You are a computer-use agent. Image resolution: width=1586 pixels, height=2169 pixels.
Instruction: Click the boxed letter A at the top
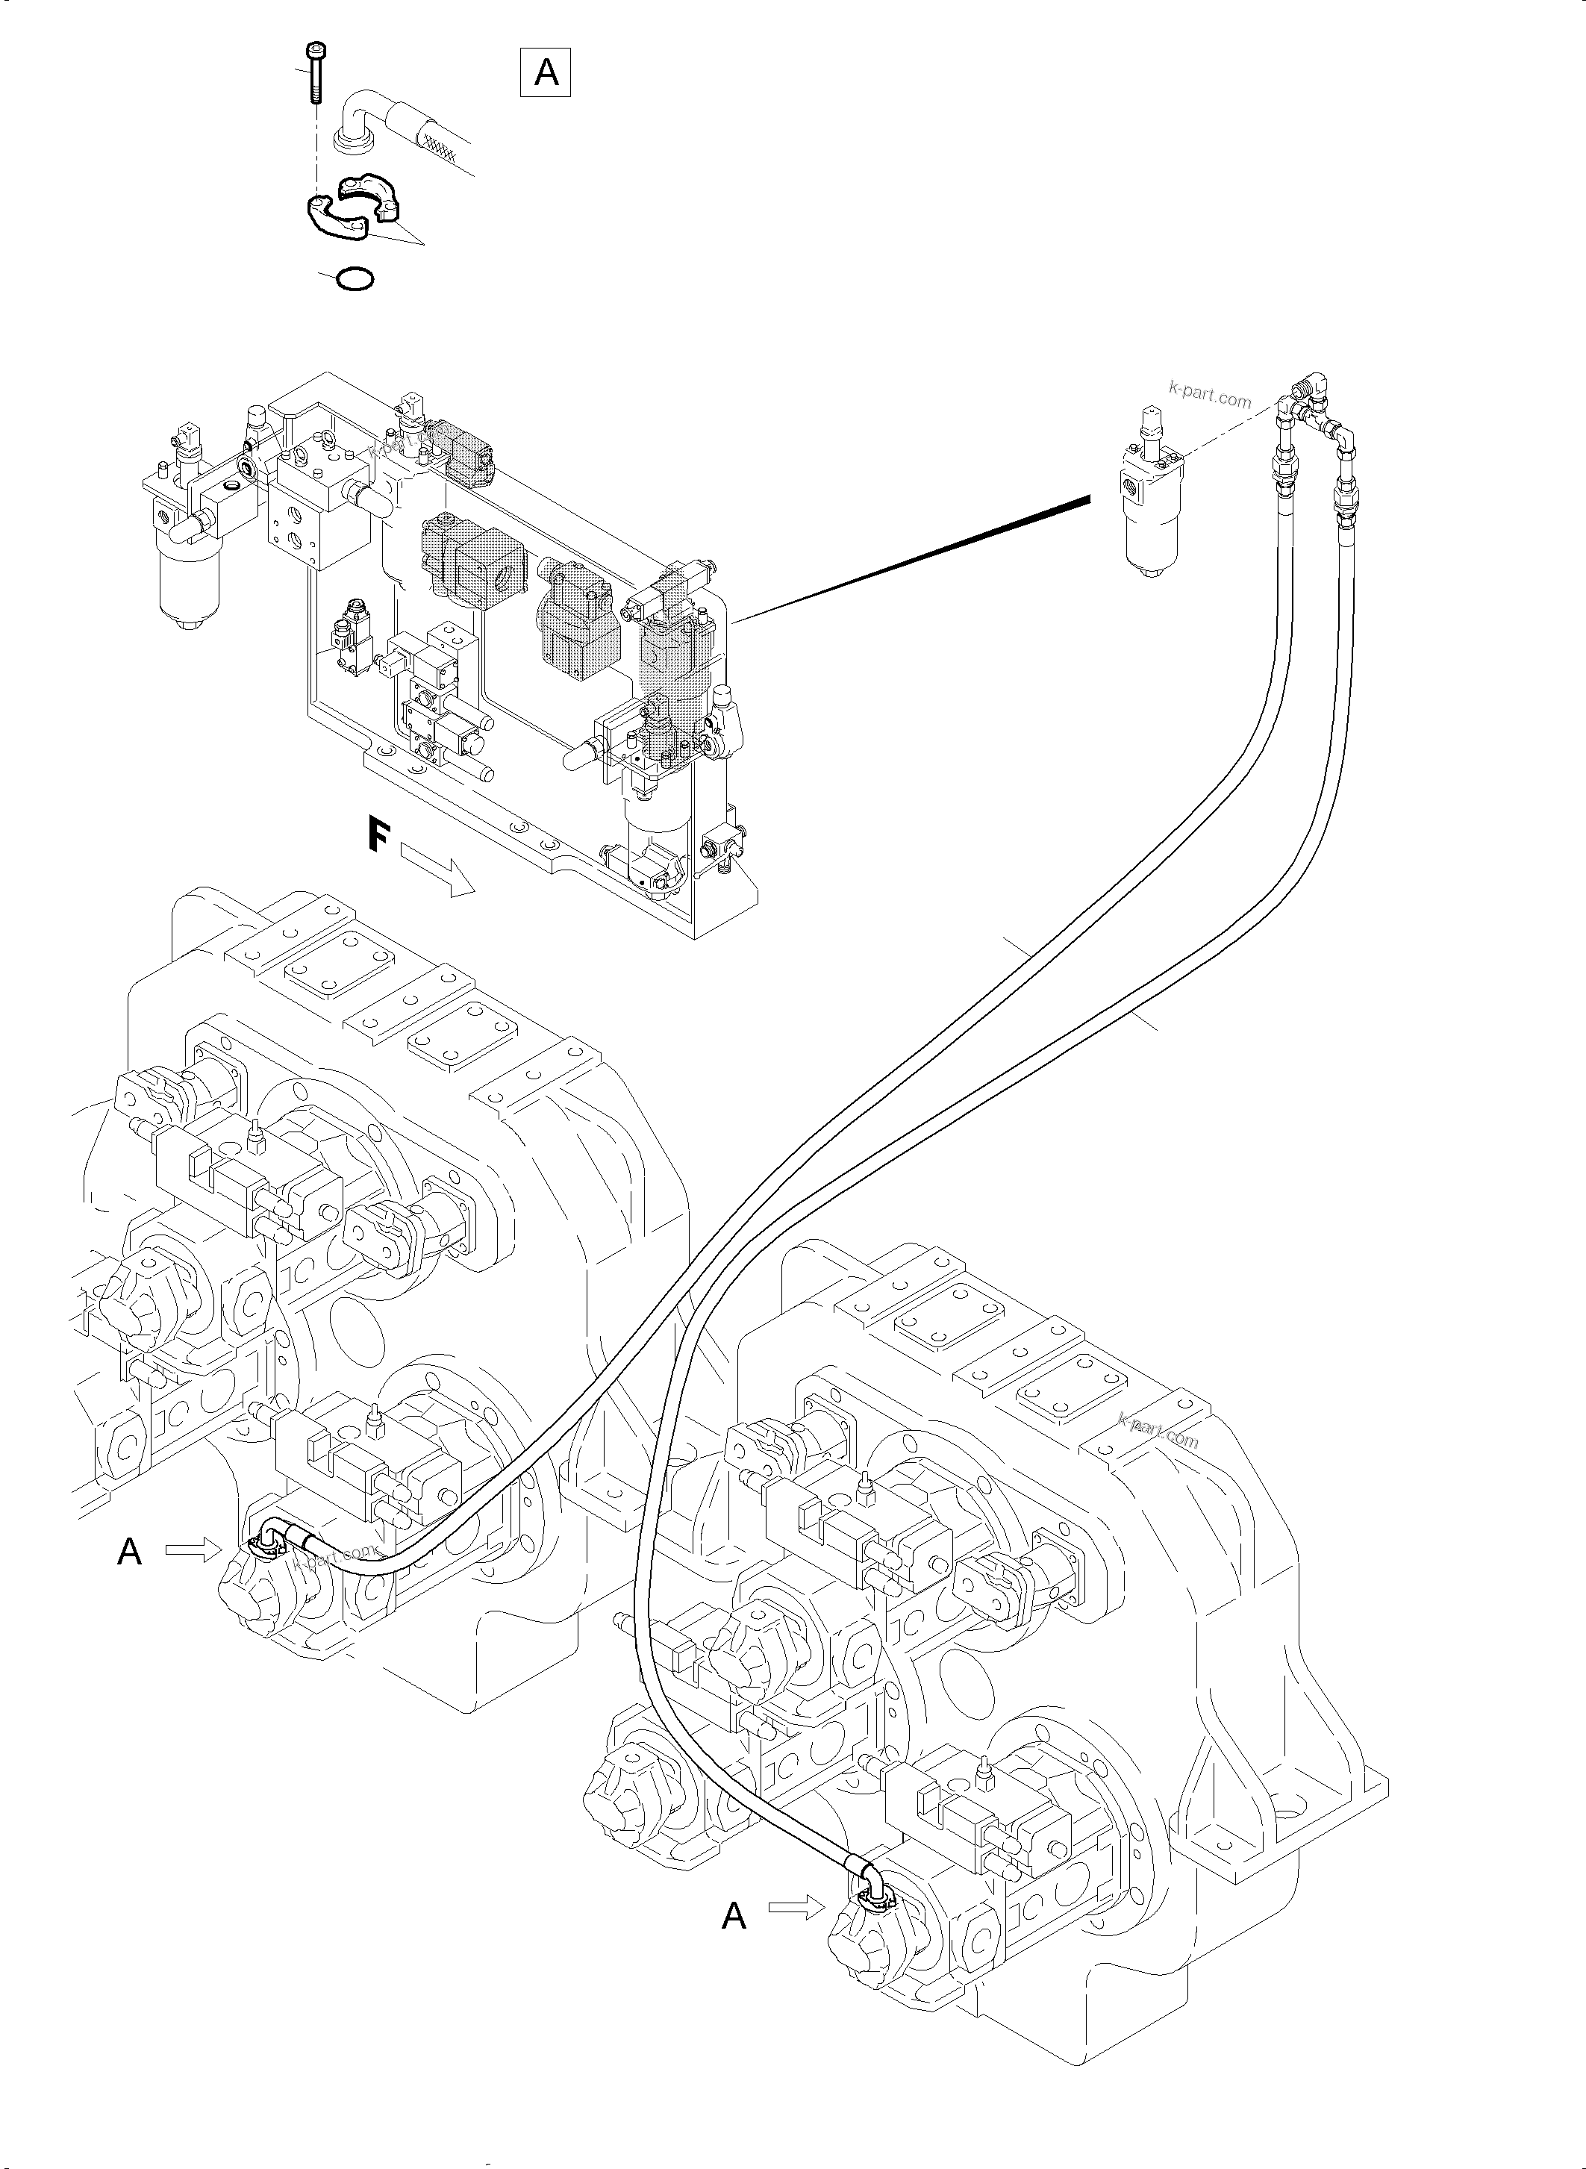[x=546, y=72]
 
